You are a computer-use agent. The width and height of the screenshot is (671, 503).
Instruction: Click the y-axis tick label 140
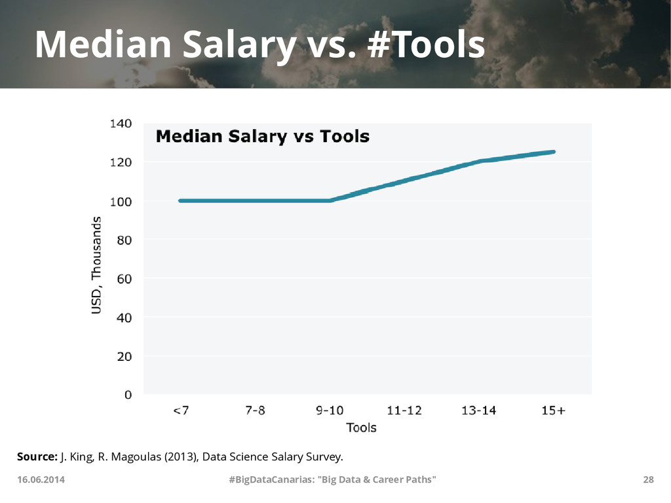pos(120,123)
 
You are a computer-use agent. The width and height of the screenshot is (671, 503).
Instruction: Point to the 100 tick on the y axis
pos(120,202)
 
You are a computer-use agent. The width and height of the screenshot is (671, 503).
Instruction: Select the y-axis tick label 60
pos(123,279)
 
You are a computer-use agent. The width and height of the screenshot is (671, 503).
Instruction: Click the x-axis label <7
pos(181,411)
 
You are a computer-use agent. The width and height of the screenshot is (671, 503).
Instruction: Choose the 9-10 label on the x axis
pos(330,411)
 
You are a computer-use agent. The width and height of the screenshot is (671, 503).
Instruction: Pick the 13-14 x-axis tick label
pos(478,411)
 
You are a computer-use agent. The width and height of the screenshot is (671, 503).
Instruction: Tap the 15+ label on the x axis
pos(554,411)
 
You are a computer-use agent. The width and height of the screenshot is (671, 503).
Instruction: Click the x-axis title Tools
pos(361,428)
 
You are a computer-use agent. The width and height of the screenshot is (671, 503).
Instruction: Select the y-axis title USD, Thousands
pos(96,265)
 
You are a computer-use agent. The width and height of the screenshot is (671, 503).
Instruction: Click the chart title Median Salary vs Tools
pos(262,137)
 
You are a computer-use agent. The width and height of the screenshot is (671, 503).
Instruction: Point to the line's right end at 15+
pos(554,151)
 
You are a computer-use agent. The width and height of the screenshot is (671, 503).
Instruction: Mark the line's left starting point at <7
pos(180,200)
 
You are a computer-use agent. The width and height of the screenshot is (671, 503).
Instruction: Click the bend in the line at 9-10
pos(330,200)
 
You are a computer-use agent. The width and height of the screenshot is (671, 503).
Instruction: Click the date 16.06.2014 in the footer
pos(41,480)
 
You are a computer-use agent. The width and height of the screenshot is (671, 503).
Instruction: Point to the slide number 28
pos(648,480)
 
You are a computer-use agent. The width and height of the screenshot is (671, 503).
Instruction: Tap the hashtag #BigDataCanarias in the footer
pos(269,480)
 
